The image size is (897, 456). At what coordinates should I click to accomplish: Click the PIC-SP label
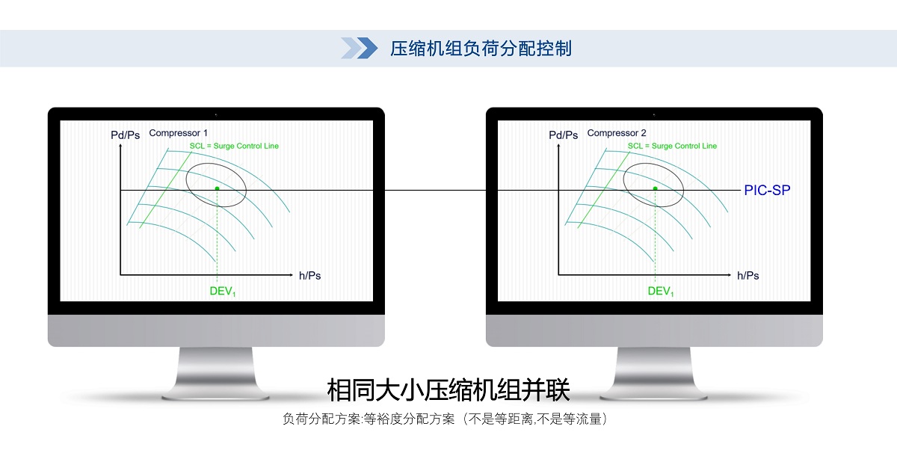767,190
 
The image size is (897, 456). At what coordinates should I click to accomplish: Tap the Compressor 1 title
178,133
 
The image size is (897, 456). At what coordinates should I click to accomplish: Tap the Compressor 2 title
617,133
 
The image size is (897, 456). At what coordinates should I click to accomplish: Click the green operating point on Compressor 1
217,188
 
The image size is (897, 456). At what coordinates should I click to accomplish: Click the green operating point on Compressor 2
655,188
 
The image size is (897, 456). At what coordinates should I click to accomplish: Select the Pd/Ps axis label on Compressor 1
125,135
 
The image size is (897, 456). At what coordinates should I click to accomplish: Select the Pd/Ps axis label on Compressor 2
563,135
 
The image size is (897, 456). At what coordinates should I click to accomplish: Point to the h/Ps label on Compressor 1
310,276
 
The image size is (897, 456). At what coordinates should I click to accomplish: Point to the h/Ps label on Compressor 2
748,276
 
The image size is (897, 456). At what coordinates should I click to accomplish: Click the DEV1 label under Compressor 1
223,291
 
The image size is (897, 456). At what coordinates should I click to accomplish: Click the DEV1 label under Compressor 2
661,291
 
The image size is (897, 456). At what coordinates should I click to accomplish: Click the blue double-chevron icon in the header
359,48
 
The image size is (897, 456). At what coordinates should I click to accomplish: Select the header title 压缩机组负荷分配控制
481,49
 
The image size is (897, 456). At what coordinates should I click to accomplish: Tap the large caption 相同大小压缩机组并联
448,390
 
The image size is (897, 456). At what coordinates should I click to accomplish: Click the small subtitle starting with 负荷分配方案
445,419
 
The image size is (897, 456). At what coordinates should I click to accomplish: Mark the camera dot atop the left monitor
216,115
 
